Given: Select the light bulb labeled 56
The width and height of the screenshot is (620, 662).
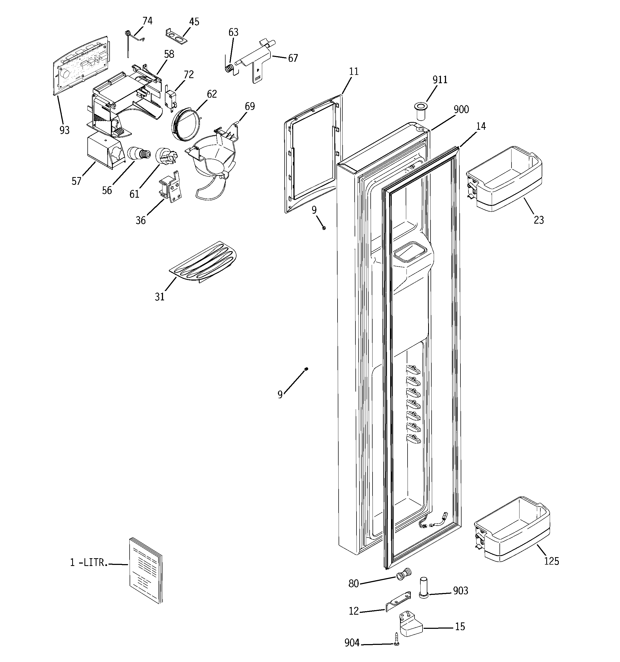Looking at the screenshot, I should pos(138,154).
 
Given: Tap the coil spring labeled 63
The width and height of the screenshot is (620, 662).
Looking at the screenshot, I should pos(229,68).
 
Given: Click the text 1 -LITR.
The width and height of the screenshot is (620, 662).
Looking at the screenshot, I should pos(89,562).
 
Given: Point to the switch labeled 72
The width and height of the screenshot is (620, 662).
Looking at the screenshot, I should pos(170,99).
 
